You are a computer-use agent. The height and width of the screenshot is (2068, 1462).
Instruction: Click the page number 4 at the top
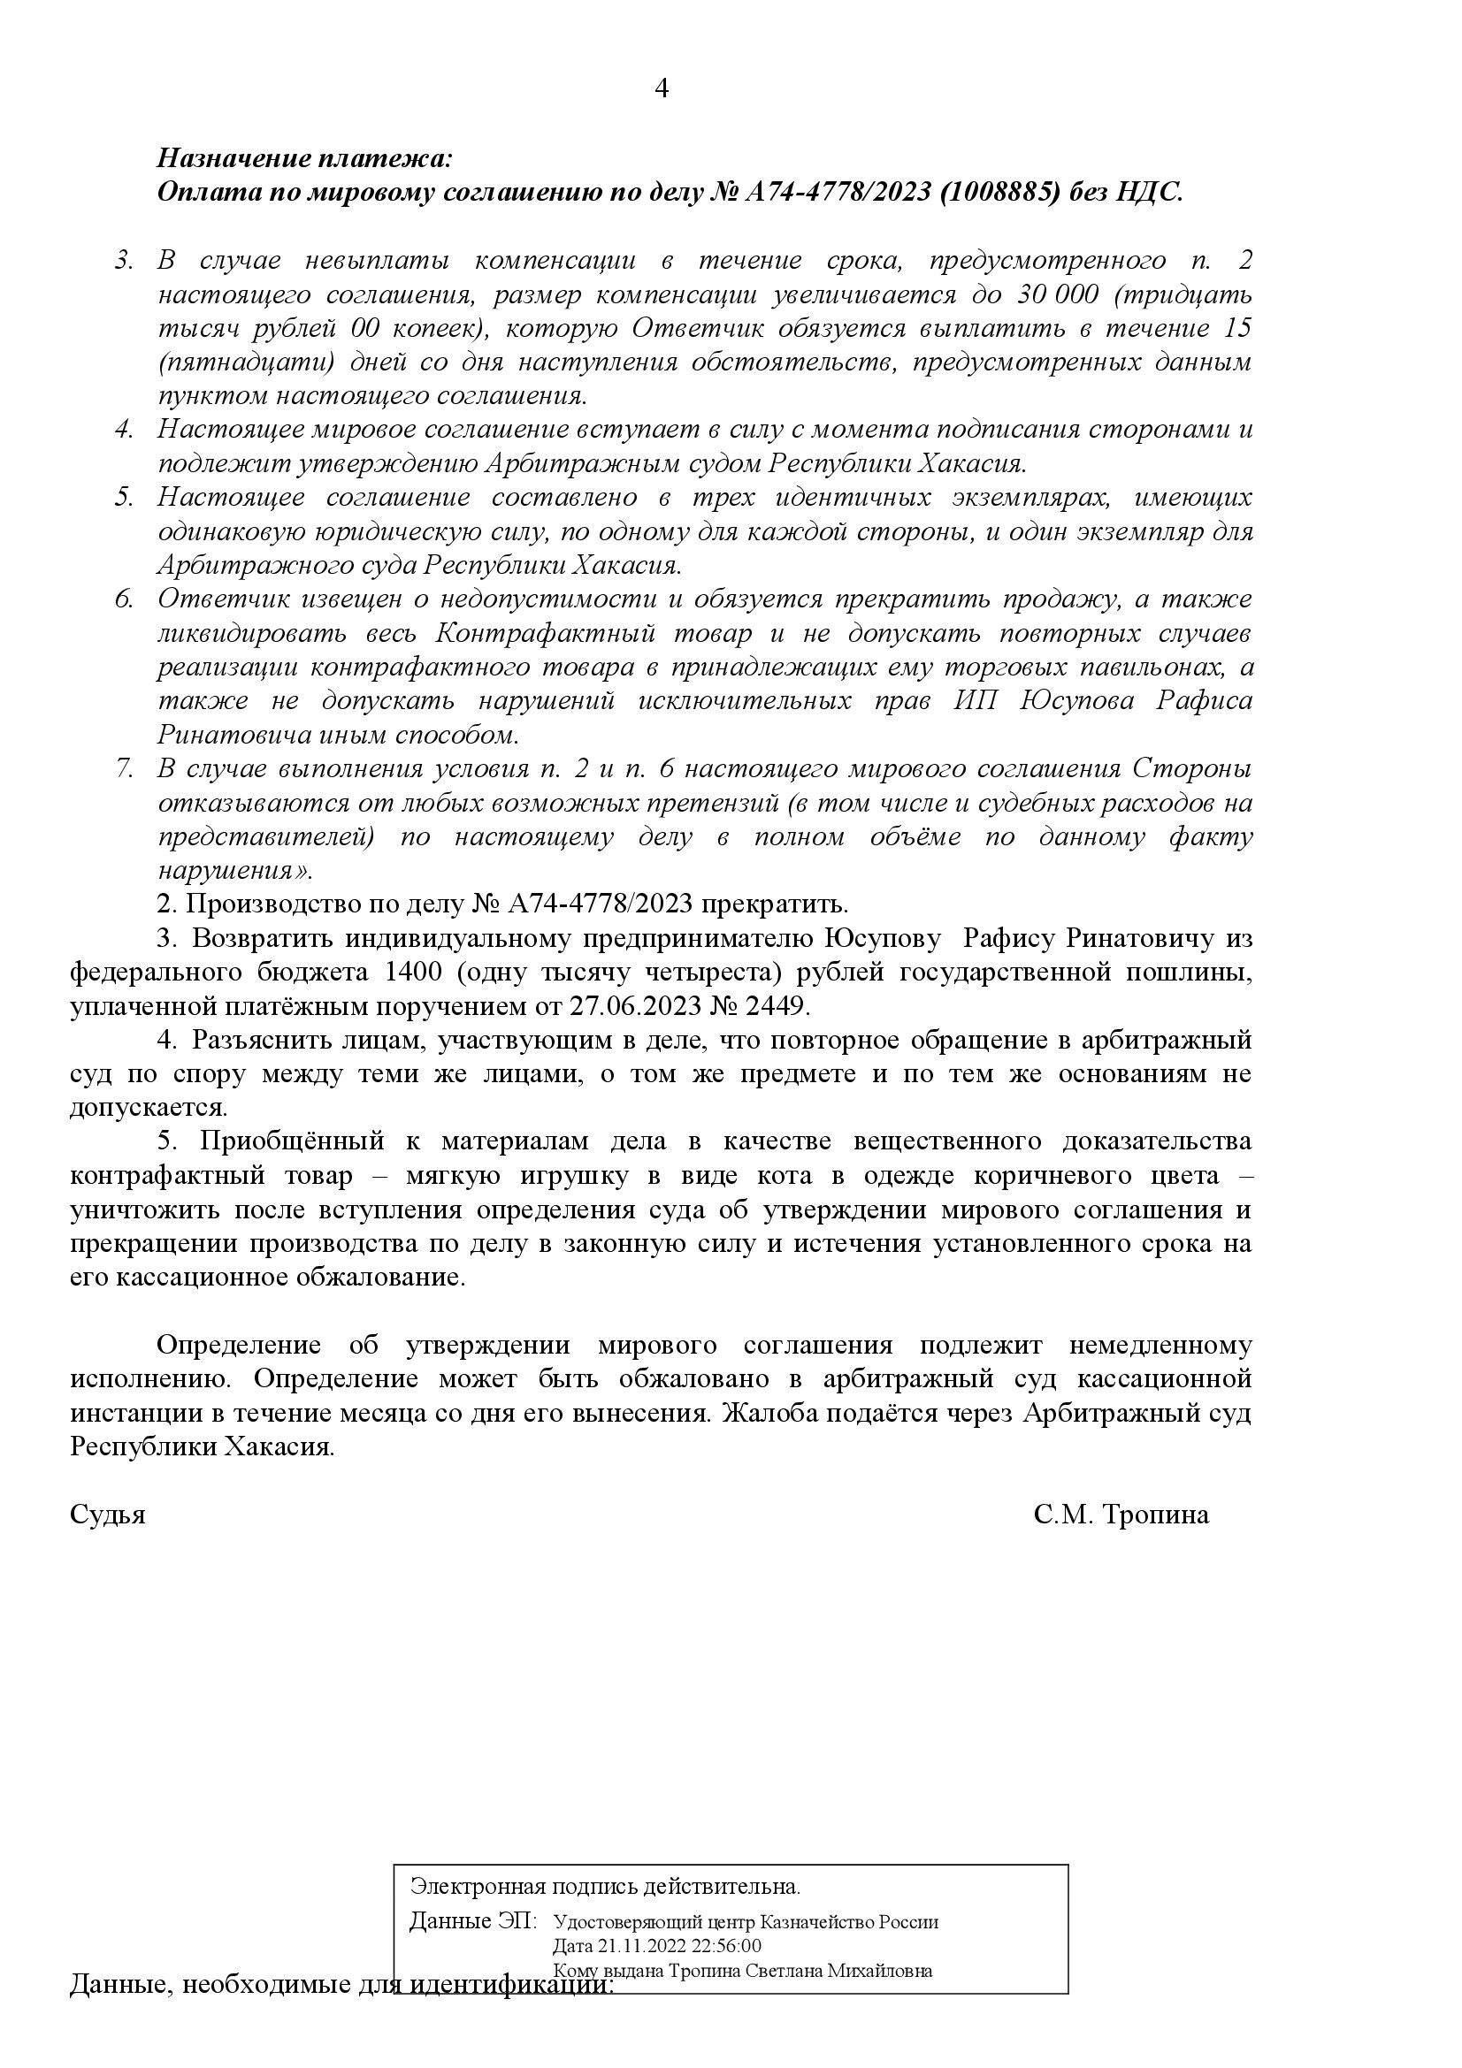click(662, 89)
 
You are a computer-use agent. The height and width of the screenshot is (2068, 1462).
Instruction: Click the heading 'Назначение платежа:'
click(303, 159)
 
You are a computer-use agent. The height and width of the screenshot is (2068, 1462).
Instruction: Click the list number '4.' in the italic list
click(125, 431)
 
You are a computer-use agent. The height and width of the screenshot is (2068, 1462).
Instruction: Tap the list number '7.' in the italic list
click(125, 770)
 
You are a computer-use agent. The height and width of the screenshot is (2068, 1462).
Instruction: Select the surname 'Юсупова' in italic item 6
click(1077, 702)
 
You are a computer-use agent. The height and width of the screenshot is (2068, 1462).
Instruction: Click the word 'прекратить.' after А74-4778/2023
click(774, 904)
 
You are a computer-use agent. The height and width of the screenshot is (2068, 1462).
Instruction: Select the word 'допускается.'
click(149, 1108)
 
